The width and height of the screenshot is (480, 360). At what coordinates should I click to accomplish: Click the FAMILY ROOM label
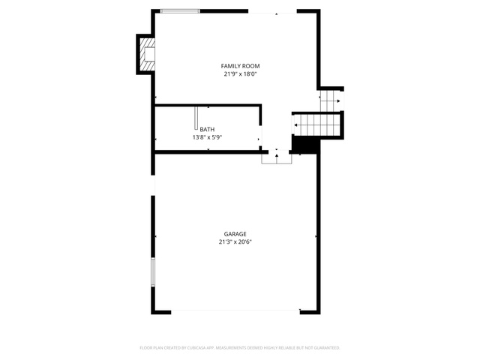pyautogui.click(x=240, y=66)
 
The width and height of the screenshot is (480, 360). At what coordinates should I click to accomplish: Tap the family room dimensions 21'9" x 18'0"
pyautogui.click(x=240, y=73)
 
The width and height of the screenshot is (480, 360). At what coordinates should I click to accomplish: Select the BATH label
pyautogui.click(x=207, y=130)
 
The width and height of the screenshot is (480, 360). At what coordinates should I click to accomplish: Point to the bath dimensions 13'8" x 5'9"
pyautogui.click(x=207, y=137)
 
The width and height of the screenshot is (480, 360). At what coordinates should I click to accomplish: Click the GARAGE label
pyautogui.click(x=235, y=234)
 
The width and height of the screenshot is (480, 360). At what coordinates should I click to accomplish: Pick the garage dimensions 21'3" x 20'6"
pyautogui.click(x=235, y=241)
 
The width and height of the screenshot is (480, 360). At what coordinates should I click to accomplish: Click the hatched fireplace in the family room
pyautogui.click(x=147, y=54)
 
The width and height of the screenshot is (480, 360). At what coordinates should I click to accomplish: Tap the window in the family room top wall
pyautogui.click(x=180, y=11)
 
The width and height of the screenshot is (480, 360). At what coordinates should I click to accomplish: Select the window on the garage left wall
pyautogui.click(x=153, y=272)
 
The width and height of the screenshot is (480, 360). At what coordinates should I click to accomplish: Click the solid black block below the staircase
pyautogui.click(x=305, y=144)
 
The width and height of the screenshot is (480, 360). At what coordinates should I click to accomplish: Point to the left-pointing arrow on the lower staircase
pyautogui.click(x=296, y=125)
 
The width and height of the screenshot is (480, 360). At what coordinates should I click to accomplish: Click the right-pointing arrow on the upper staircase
pyautogui.click(x=338, y=101)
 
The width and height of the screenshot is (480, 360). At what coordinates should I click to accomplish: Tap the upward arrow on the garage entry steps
pyautogui.click(x=277, y=156)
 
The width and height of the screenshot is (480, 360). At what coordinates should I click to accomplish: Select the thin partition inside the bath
pyautogui.click(x=196, y=118)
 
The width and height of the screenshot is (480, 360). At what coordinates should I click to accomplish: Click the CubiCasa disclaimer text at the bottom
pyautogui.click(x=240, y=348)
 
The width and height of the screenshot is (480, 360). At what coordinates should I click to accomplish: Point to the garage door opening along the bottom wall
pyautogui.click(x=235, y=310)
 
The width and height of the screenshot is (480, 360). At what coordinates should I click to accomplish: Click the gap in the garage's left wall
pyautogui.click(x=153, y=185)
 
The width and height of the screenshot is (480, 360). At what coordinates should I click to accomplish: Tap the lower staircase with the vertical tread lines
pyautogui.click(x=317, y=124)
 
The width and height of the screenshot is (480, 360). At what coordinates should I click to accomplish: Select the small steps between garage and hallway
pyautogui.click(x=277, y=159)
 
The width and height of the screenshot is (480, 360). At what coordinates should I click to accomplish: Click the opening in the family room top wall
pyautogui.click(x=272, y=11)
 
